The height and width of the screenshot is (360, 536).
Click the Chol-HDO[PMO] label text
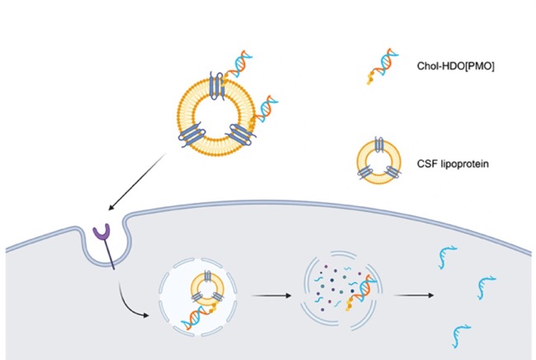(x=455, y=66)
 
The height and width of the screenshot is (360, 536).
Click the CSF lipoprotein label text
(x=453, y=163)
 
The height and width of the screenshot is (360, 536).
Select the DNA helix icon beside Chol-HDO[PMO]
(x=382, y=66)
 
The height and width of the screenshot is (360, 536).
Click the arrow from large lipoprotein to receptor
(x=137, y=182)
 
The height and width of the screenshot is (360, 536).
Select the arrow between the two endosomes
(x=271, y=296)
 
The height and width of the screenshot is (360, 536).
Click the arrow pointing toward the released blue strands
(x=414, y=295)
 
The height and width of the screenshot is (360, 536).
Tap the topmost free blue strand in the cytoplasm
(x=447, y=257)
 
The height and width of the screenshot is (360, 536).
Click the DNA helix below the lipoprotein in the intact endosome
(x=197, y=317)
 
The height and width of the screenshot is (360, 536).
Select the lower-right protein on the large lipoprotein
(x=242, y=135)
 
